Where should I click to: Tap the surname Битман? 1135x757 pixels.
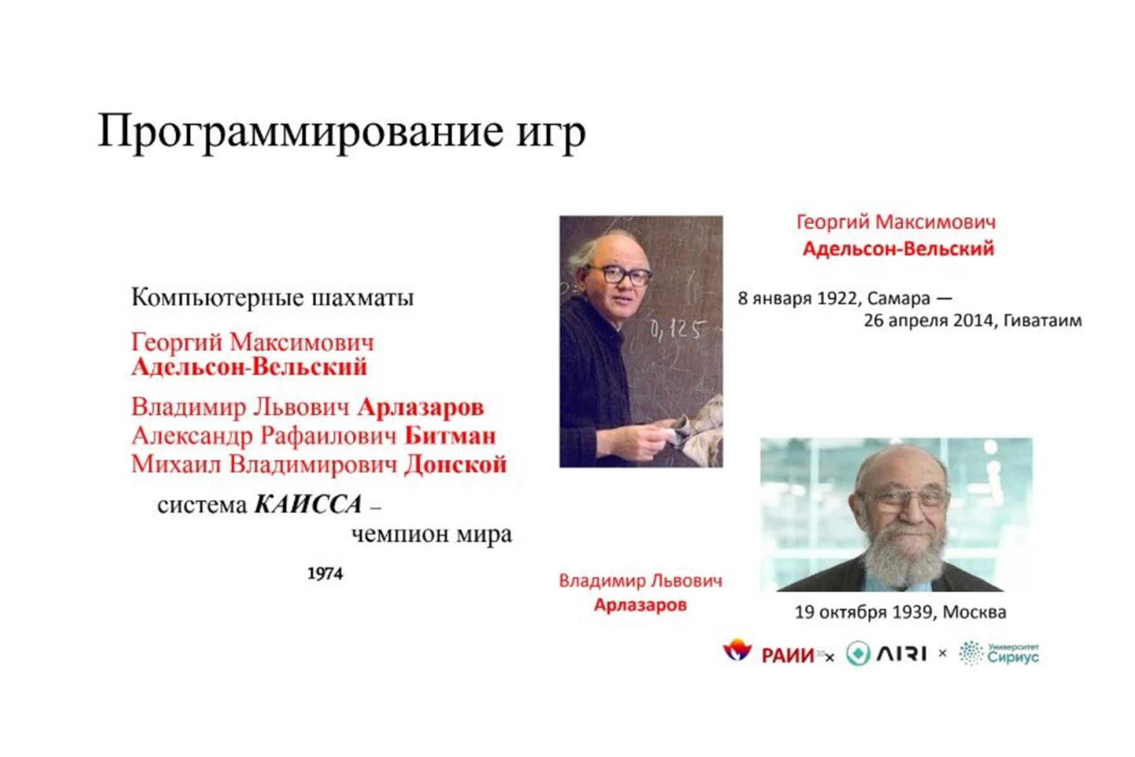(450, 435)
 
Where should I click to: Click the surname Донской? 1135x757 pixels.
(456, 464)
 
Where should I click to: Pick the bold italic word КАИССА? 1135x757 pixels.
(308, 505)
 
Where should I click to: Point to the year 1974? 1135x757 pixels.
(325, 573)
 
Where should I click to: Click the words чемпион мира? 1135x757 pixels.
(431, 534)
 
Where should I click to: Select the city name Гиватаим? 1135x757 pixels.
(1042, 320)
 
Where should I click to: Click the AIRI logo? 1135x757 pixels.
(886, 654)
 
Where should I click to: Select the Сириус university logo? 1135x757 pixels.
(999, 654)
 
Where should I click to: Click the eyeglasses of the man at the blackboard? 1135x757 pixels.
(619, 274)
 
